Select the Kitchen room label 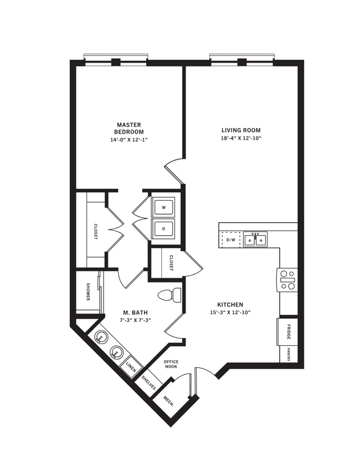click(x=230, y=305)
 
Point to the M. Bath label click(x=136, y=313)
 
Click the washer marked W click(x=163, y=208)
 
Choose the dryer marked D click(x=163, y=228)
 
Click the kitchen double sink click(x=255, y=240)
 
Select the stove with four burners click(x=287, y=279)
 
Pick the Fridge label click(x=289, y=331)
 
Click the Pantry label click(x=289, y=354)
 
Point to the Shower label click(x=88, y=291)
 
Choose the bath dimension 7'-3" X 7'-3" click(x=136, y=320)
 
